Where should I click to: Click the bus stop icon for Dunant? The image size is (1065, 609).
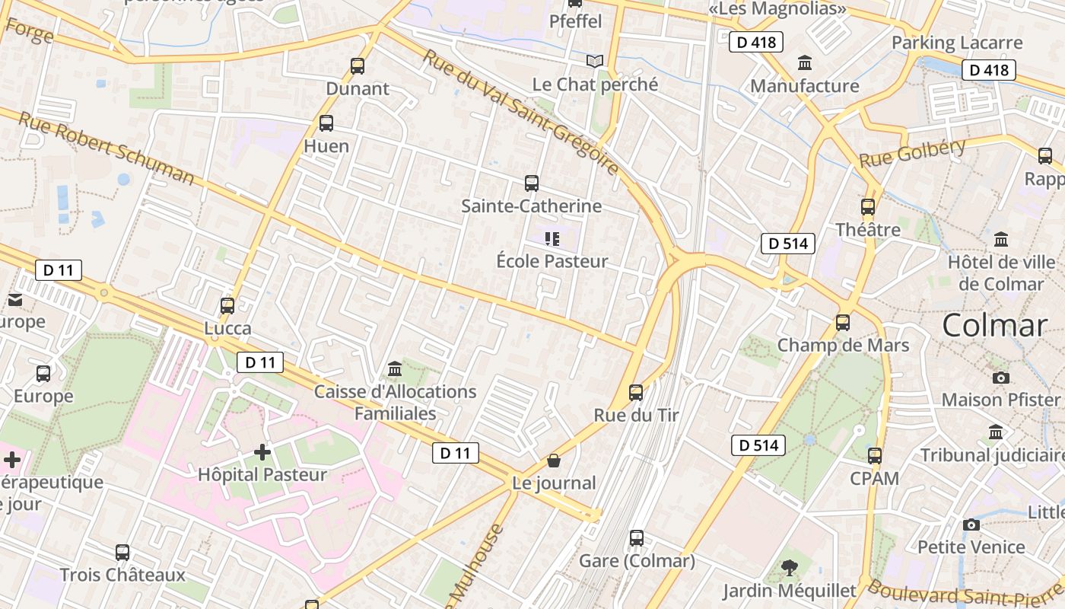coord(358,66)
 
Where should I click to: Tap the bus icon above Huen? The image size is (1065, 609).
coord(326,123)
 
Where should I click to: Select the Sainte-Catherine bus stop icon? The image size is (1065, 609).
coord(532,183)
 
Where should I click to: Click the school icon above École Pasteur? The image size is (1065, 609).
coord(552,239)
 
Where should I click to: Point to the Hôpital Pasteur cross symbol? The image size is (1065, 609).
coord(262,452)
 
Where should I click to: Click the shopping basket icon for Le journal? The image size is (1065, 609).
coord(554,461)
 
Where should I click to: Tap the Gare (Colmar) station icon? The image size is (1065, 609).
coord(637,538)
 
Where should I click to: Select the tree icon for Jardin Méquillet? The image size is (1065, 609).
coord(790,567)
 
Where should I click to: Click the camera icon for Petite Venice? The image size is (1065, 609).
coord(971,525)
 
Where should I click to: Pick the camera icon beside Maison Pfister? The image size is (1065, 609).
coord(1001,378)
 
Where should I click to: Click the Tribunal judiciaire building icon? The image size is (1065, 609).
coord(996,432)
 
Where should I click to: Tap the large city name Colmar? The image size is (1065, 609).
coord(994,326)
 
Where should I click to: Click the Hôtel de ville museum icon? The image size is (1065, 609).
coord(1001,239)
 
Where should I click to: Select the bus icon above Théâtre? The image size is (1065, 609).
coord(868,207)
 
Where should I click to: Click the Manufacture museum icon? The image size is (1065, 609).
coord(805,63)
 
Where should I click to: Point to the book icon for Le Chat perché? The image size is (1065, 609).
coord(595,61)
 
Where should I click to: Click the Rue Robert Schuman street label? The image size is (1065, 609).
coord(106,148)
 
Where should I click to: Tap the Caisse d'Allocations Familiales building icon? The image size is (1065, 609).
coord(395,369)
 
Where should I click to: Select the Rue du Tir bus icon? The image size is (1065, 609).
coord(636,393)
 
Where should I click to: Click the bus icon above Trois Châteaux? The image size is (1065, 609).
coord(122,552)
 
